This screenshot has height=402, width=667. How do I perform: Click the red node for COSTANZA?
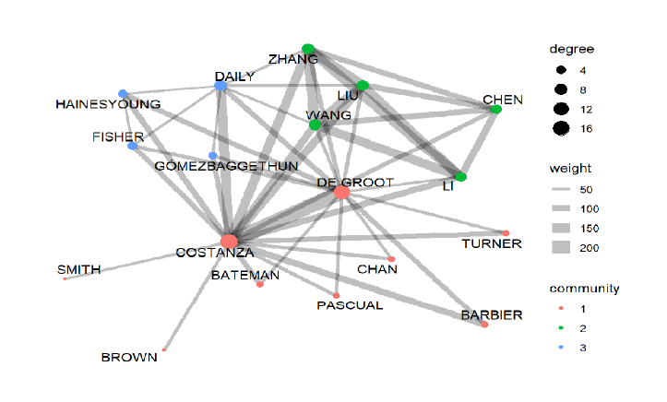229,242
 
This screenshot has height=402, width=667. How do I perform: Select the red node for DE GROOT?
341,192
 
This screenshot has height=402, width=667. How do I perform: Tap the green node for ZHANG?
308,49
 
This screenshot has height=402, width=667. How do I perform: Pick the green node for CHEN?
495,110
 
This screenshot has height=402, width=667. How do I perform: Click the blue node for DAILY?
220,86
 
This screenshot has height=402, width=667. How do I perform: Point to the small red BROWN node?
164,349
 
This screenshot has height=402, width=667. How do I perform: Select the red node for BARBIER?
484,325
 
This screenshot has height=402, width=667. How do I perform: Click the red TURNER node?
506,232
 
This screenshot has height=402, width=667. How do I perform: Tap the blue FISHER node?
133,146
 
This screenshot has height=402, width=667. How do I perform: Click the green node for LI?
460,177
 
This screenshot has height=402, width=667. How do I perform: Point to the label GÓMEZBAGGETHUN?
226,166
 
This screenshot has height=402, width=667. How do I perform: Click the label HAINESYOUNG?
108,104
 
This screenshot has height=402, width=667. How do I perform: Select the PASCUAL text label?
350,305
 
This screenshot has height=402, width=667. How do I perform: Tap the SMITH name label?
79,269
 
